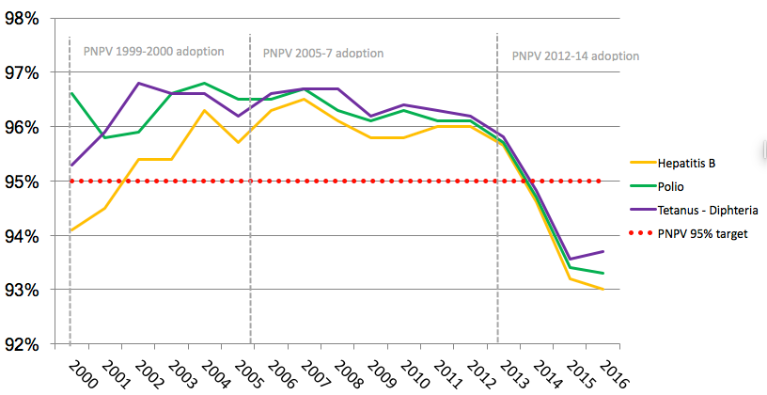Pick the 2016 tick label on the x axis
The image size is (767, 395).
point(610,372)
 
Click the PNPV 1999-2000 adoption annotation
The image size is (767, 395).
point(153,51)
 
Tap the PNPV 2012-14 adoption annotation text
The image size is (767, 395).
point(575,55)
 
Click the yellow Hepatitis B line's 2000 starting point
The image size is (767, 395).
point(70,230)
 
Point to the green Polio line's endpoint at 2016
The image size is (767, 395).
point(603,274)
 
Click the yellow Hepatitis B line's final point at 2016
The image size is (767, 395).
point(603,290)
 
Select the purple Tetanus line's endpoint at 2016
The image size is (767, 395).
point(603,251)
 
